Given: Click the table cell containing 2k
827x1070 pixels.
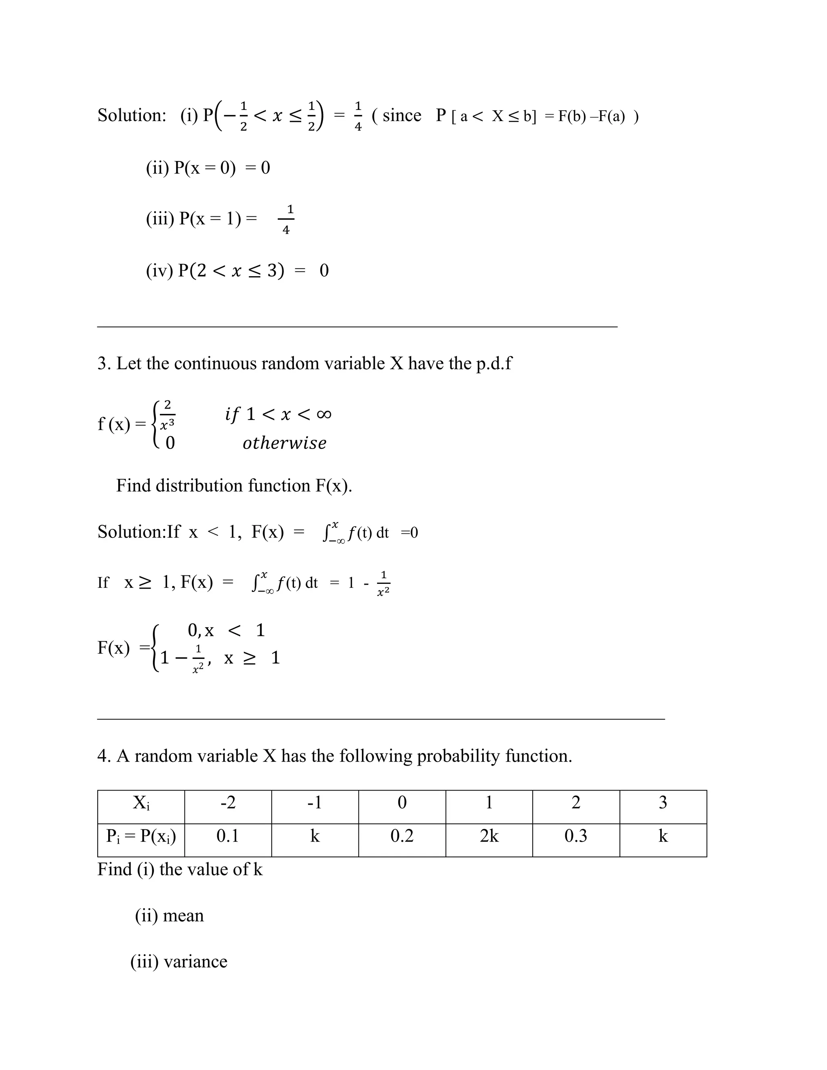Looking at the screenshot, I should click(x=489, y=836).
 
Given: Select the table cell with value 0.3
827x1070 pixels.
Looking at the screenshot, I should click(x=576, y=836).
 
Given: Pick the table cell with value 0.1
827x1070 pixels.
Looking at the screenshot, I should click(x=228, y=836).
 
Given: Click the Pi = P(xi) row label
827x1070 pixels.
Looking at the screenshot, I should click(x=141, y=836).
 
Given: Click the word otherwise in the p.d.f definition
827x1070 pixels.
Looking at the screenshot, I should click(x=284, y=443).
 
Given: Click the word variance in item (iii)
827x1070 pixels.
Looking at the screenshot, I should click(x=195, y=961).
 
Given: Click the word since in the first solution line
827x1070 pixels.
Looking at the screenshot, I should click(x=402, y=115).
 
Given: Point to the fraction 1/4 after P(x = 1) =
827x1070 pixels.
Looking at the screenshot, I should click(x=287, y=220).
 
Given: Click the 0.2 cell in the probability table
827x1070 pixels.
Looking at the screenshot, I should click(x=402, y=836).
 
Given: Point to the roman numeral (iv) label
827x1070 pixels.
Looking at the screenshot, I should click(x=159, y=271).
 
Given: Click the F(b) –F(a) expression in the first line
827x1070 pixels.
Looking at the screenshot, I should click(x=591, y=117).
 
